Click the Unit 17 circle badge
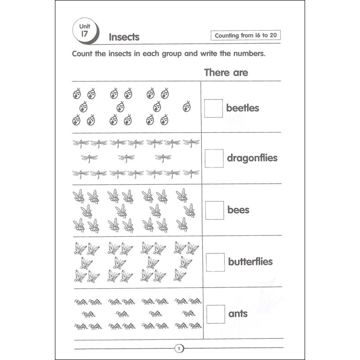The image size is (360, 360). (x=84, y=31)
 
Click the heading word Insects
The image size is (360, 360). (x=124, y=37)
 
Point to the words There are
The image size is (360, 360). (x=226, y=72)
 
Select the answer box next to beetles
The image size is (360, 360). (x=214, y=108)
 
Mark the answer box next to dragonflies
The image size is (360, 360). (x=214, y=158)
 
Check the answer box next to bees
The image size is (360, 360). (x=214, y=210)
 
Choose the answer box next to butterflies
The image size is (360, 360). (x=215, y=261)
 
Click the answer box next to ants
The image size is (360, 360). (x=215, y=313)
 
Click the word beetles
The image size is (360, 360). (x=243, y=108)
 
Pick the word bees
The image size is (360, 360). (x=238, y=210)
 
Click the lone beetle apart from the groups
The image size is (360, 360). (x=187, y=107)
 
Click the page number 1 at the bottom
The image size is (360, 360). (x=180, y=348)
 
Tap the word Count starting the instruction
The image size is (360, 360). (x=83, y=54)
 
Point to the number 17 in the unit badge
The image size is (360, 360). (x=84, y=35)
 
